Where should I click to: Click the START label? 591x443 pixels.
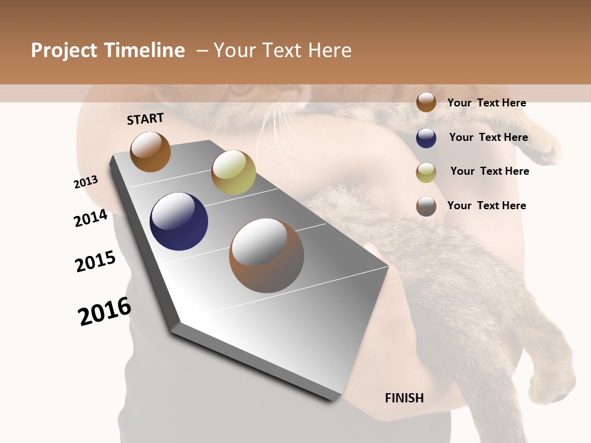point(145,119)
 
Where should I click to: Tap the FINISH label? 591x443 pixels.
point(404,398)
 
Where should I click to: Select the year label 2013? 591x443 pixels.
point(86,182)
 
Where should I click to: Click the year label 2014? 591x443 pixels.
point(90,218)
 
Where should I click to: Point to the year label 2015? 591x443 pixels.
point(95,261)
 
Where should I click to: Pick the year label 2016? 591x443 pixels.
point(105,311)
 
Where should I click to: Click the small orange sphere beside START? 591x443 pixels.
point(150,151)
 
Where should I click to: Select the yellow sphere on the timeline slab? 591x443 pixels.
point(233,172)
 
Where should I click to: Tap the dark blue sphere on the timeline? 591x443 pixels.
point(179,221)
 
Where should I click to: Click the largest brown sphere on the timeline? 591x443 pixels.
point(266,255)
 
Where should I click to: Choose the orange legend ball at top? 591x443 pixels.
point(426,102)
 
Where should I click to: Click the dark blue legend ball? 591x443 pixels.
point(426,137)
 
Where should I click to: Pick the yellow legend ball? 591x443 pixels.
point(426,172)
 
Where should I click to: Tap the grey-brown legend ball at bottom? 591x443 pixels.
point(426,206)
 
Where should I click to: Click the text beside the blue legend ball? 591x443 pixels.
point(488,137)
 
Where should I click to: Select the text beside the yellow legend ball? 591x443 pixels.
point(489,171)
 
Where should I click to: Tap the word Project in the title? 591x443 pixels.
point(64,50)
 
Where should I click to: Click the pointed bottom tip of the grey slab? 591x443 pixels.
point(336,397)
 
